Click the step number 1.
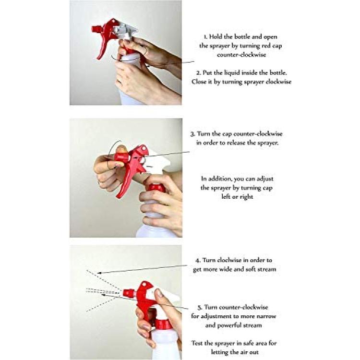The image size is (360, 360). point(205,37)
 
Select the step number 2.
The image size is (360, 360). point(199,73)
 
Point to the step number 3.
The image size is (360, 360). point(192,134)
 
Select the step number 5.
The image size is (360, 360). point(200,307)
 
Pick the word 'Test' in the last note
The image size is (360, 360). point(197,343)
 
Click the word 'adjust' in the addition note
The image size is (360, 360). point(265,179)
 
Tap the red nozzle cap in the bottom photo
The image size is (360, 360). point(128,293)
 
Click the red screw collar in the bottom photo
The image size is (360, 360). point(163,324)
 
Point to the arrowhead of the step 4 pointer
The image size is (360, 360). point(99,273)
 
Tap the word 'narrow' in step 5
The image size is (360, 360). point(266,316)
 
